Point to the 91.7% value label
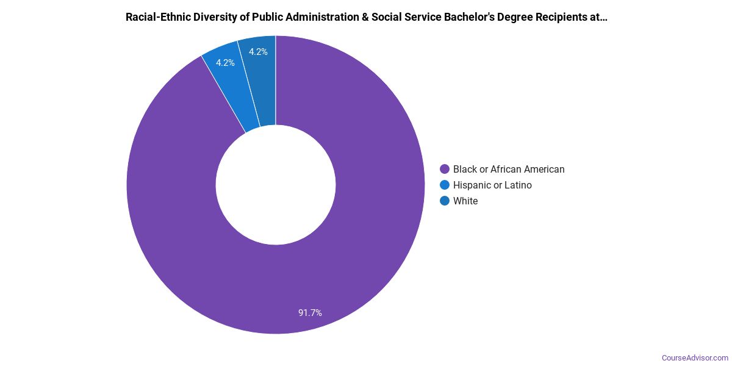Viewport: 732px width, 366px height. tap(310, 313)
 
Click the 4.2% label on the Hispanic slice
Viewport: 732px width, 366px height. tap(225, 63)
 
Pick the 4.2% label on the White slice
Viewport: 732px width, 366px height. tap(258, 52)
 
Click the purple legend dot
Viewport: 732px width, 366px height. tap(445, 169)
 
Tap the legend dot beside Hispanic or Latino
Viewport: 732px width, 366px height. tap(445, 185)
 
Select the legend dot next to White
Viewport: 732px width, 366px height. tap(445, 201)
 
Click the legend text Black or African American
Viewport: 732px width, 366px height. tap(509, 169)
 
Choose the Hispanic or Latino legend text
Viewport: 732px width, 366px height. tap(492, 185)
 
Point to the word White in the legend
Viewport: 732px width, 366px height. tap(465, 201)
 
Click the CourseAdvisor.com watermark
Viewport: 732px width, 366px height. tap(695, 357)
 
